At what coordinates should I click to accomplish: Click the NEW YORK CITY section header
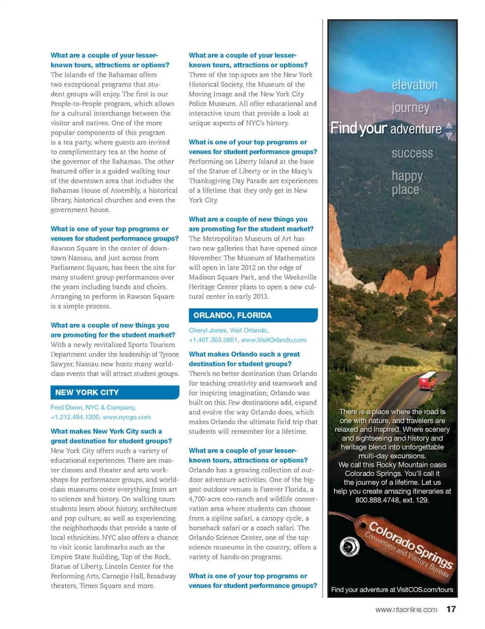pyautogui.click(x=87, y=393)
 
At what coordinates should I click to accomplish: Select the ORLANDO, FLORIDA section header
pyautogui.click(x=232, y=315)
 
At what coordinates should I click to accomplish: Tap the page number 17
pyautogui.click(x=451, y=609)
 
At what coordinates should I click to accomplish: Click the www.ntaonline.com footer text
pyautogui.click(x=406, y=609)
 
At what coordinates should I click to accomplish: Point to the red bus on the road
pyautogui.click(x=428, y=380)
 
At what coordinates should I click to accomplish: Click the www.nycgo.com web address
pyautogui.click(x=126, y=417)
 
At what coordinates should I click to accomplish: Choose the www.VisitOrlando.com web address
pyautogui.click(x=274, y=340)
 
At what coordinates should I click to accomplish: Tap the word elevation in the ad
pyautogui.click(x=414, y=85)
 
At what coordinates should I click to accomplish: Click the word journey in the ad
pyautogui.click(x=410, y=108)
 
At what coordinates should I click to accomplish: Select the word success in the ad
pyautogui.click(x=412, y=154)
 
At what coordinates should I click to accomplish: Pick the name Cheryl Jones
pyautogui.click(x=207, y=330)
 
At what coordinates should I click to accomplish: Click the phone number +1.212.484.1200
pyautogui.click(x=75, y=417)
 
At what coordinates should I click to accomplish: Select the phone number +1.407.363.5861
pyautogui.click(x=213, y=340)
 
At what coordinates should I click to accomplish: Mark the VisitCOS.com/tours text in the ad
pyautogui.click(x=425, y=590)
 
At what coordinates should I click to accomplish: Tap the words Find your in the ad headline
pyautogui.click(x=359, y=128)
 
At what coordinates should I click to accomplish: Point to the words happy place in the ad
pyautogui.click(x=407, y=183)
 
